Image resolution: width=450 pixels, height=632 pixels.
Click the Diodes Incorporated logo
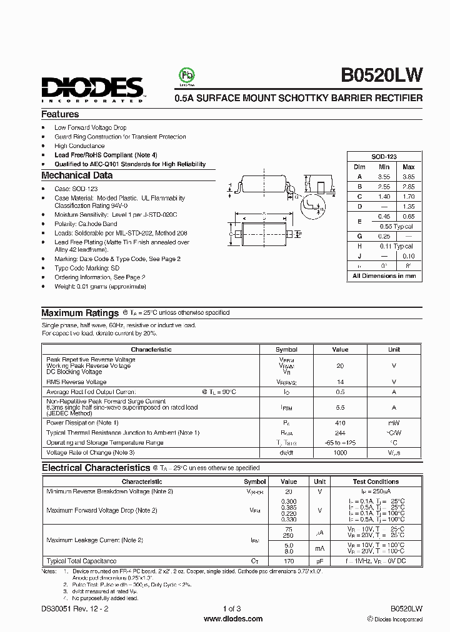(92, 89)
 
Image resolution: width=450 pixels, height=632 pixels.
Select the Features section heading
(60, 114)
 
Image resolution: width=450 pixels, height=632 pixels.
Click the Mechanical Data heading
(77, 175)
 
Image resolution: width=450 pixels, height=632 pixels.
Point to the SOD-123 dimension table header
(384, 157)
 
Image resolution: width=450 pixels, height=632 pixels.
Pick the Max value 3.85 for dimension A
(408, 177)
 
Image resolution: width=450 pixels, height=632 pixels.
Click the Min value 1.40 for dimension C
(384, 196)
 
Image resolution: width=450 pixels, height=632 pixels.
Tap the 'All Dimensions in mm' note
(384, 275)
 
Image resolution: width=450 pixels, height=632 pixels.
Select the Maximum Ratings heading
(80, 313)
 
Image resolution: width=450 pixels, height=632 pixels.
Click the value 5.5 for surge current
(340, 407)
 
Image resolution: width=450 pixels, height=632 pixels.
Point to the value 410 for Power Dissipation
(340, 423)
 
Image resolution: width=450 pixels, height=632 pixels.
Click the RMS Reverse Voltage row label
(76, 382)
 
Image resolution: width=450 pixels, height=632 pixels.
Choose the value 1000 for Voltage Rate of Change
(340, 452)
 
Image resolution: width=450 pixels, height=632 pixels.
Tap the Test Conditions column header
(376, 481)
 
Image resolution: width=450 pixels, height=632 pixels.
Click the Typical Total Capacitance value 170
(289, 561)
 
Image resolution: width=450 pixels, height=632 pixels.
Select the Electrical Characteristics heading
(96, 468)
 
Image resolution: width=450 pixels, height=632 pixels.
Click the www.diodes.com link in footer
(233, 619)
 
